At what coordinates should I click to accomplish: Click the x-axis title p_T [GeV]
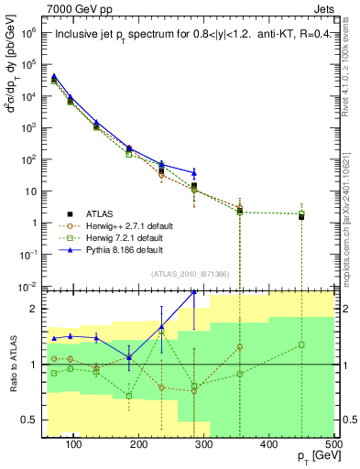click(x=311, y=457)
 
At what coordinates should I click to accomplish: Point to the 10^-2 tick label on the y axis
click(x=29, y=286)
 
